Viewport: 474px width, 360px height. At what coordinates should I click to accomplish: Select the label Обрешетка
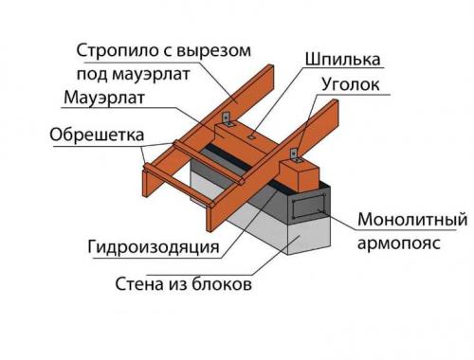pos(92,134)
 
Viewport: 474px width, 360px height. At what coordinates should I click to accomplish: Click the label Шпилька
pos(341,60)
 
